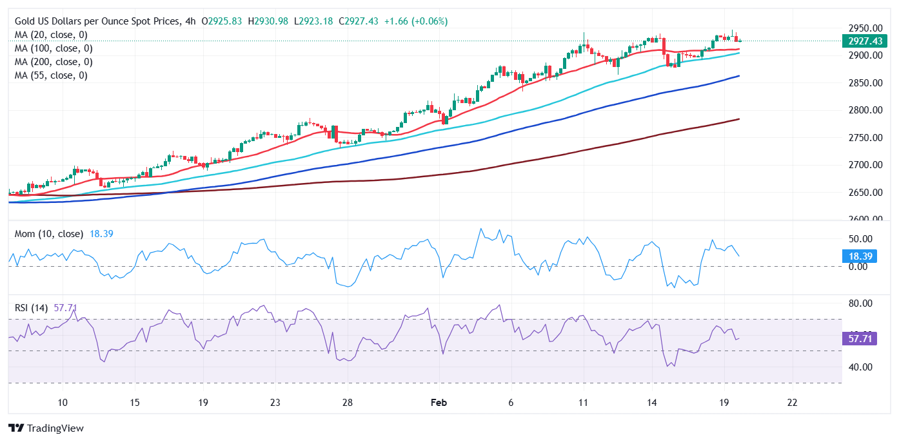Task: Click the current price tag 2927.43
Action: click(865, 41)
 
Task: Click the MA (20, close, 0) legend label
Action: click(51, 35)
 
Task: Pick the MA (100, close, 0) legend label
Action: click(54, 48)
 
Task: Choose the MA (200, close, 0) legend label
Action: click(54, 62)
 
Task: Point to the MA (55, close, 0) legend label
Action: click(51, 75)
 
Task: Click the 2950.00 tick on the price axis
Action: click(865, 28)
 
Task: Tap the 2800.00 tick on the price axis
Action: click(865, 110)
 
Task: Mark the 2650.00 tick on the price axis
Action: click(865, 192)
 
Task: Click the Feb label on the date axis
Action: click(439, 403)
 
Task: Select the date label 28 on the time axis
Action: click(347, 403)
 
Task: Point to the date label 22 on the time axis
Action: click(793, 403)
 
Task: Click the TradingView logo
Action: click(46, 428)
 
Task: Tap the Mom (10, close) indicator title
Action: click(49, 234)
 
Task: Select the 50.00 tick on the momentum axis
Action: click(861, 239)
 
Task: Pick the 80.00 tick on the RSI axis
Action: click(861, 303)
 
